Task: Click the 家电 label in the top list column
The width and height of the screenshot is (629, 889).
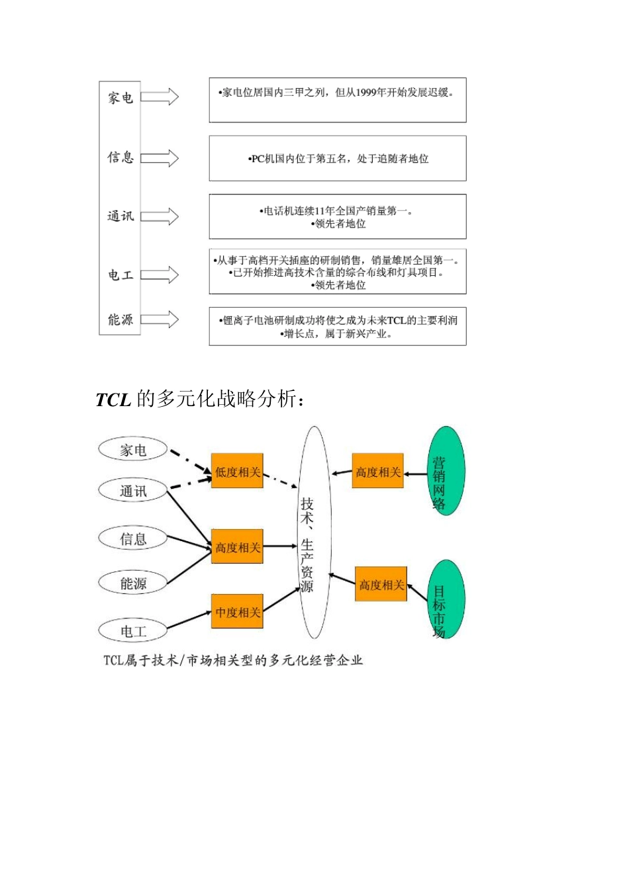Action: click(121, 98)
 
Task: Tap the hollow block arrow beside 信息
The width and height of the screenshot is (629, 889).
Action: click(160, 158)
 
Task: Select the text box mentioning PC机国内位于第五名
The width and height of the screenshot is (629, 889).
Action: click(338, 159)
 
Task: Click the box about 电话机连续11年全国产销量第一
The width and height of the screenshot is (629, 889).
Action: click(338, 217)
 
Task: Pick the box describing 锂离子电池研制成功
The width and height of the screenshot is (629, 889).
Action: click(338, 327)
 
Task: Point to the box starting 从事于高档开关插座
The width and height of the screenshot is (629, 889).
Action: click(338, 272)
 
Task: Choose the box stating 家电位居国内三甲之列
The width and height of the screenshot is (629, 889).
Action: click(338, 100)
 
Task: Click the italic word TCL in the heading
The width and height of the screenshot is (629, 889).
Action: click(113, 400)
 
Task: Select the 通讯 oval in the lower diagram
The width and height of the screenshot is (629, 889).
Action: click(133, 491)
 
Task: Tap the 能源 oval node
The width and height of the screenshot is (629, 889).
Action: click(133, 583)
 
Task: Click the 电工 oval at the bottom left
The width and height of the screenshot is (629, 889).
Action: click(133, 631)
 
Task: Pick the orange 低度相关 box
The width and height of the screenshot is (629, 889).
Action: click(237, 472)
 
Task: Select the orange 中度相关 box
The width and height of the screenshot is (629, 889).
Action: click(237, 613)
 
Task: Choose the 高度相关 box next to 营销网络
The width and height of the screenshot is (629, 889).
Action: click(377, 472)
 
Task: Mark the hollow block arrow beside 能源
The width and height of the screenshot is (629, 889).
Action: click(160, 319)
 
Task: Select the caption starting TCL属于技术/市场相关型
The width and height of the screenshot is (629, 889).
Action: click(233, 660)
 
